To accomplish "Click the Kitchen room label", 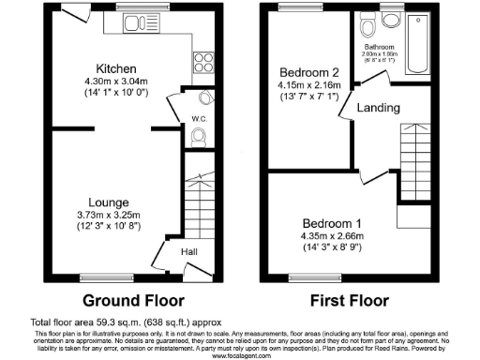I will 117,68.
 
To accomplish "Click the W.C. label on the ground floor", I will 199,119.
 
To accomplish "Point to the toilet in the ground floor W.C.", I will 198,135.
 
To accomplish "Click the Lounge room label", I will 109,202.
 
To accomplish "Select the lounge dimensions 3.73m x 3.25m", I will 109,215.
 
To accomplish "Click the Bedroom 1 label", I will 329,222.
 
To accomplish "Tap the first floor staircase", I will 415,155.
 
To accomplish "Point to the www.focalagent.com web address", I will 240,355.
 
